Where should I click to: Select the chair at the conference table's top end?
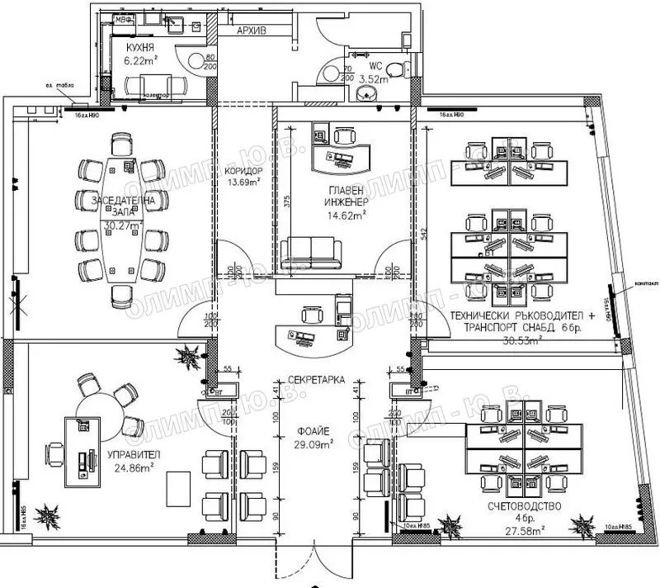tap(122, 146)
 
